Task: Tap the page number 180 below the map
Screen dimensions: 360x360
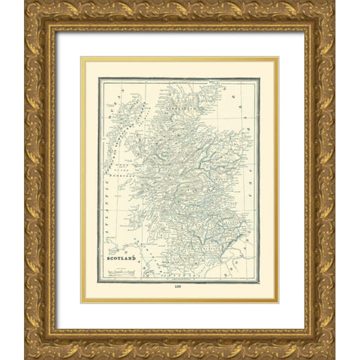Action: pos(178,288)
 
